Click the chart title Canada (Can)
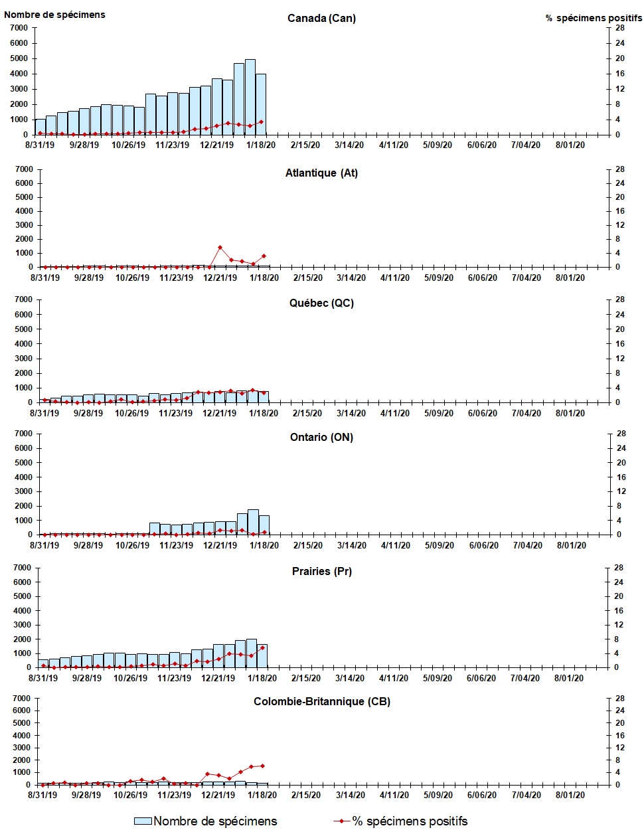pos(321,18)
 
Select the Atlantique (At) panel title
pos(321,173)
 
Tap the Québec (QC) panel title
pos(321,303)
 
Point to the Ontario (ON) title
pos(321,437)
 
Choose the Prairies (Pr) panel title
pos(321,571)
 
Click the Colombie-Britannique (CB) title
pos(321,701)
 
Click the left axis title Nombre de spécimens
pos(54,15)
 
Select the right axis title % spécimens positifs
pos(594,18)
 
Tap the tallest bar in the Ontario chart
pos(253,522)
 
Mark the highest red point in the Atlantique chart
pos(220,248)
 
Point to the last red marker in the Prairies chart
pos(262,647)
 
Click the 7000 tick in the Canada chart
pos(19,28)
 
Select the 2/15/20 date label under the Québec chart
pos(307,413)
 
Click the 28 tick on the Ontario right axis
pos(621,434)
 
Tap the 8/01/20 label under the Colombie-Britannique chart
pos(570,795)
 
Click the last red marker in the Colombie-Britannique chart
pos(262,766)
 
